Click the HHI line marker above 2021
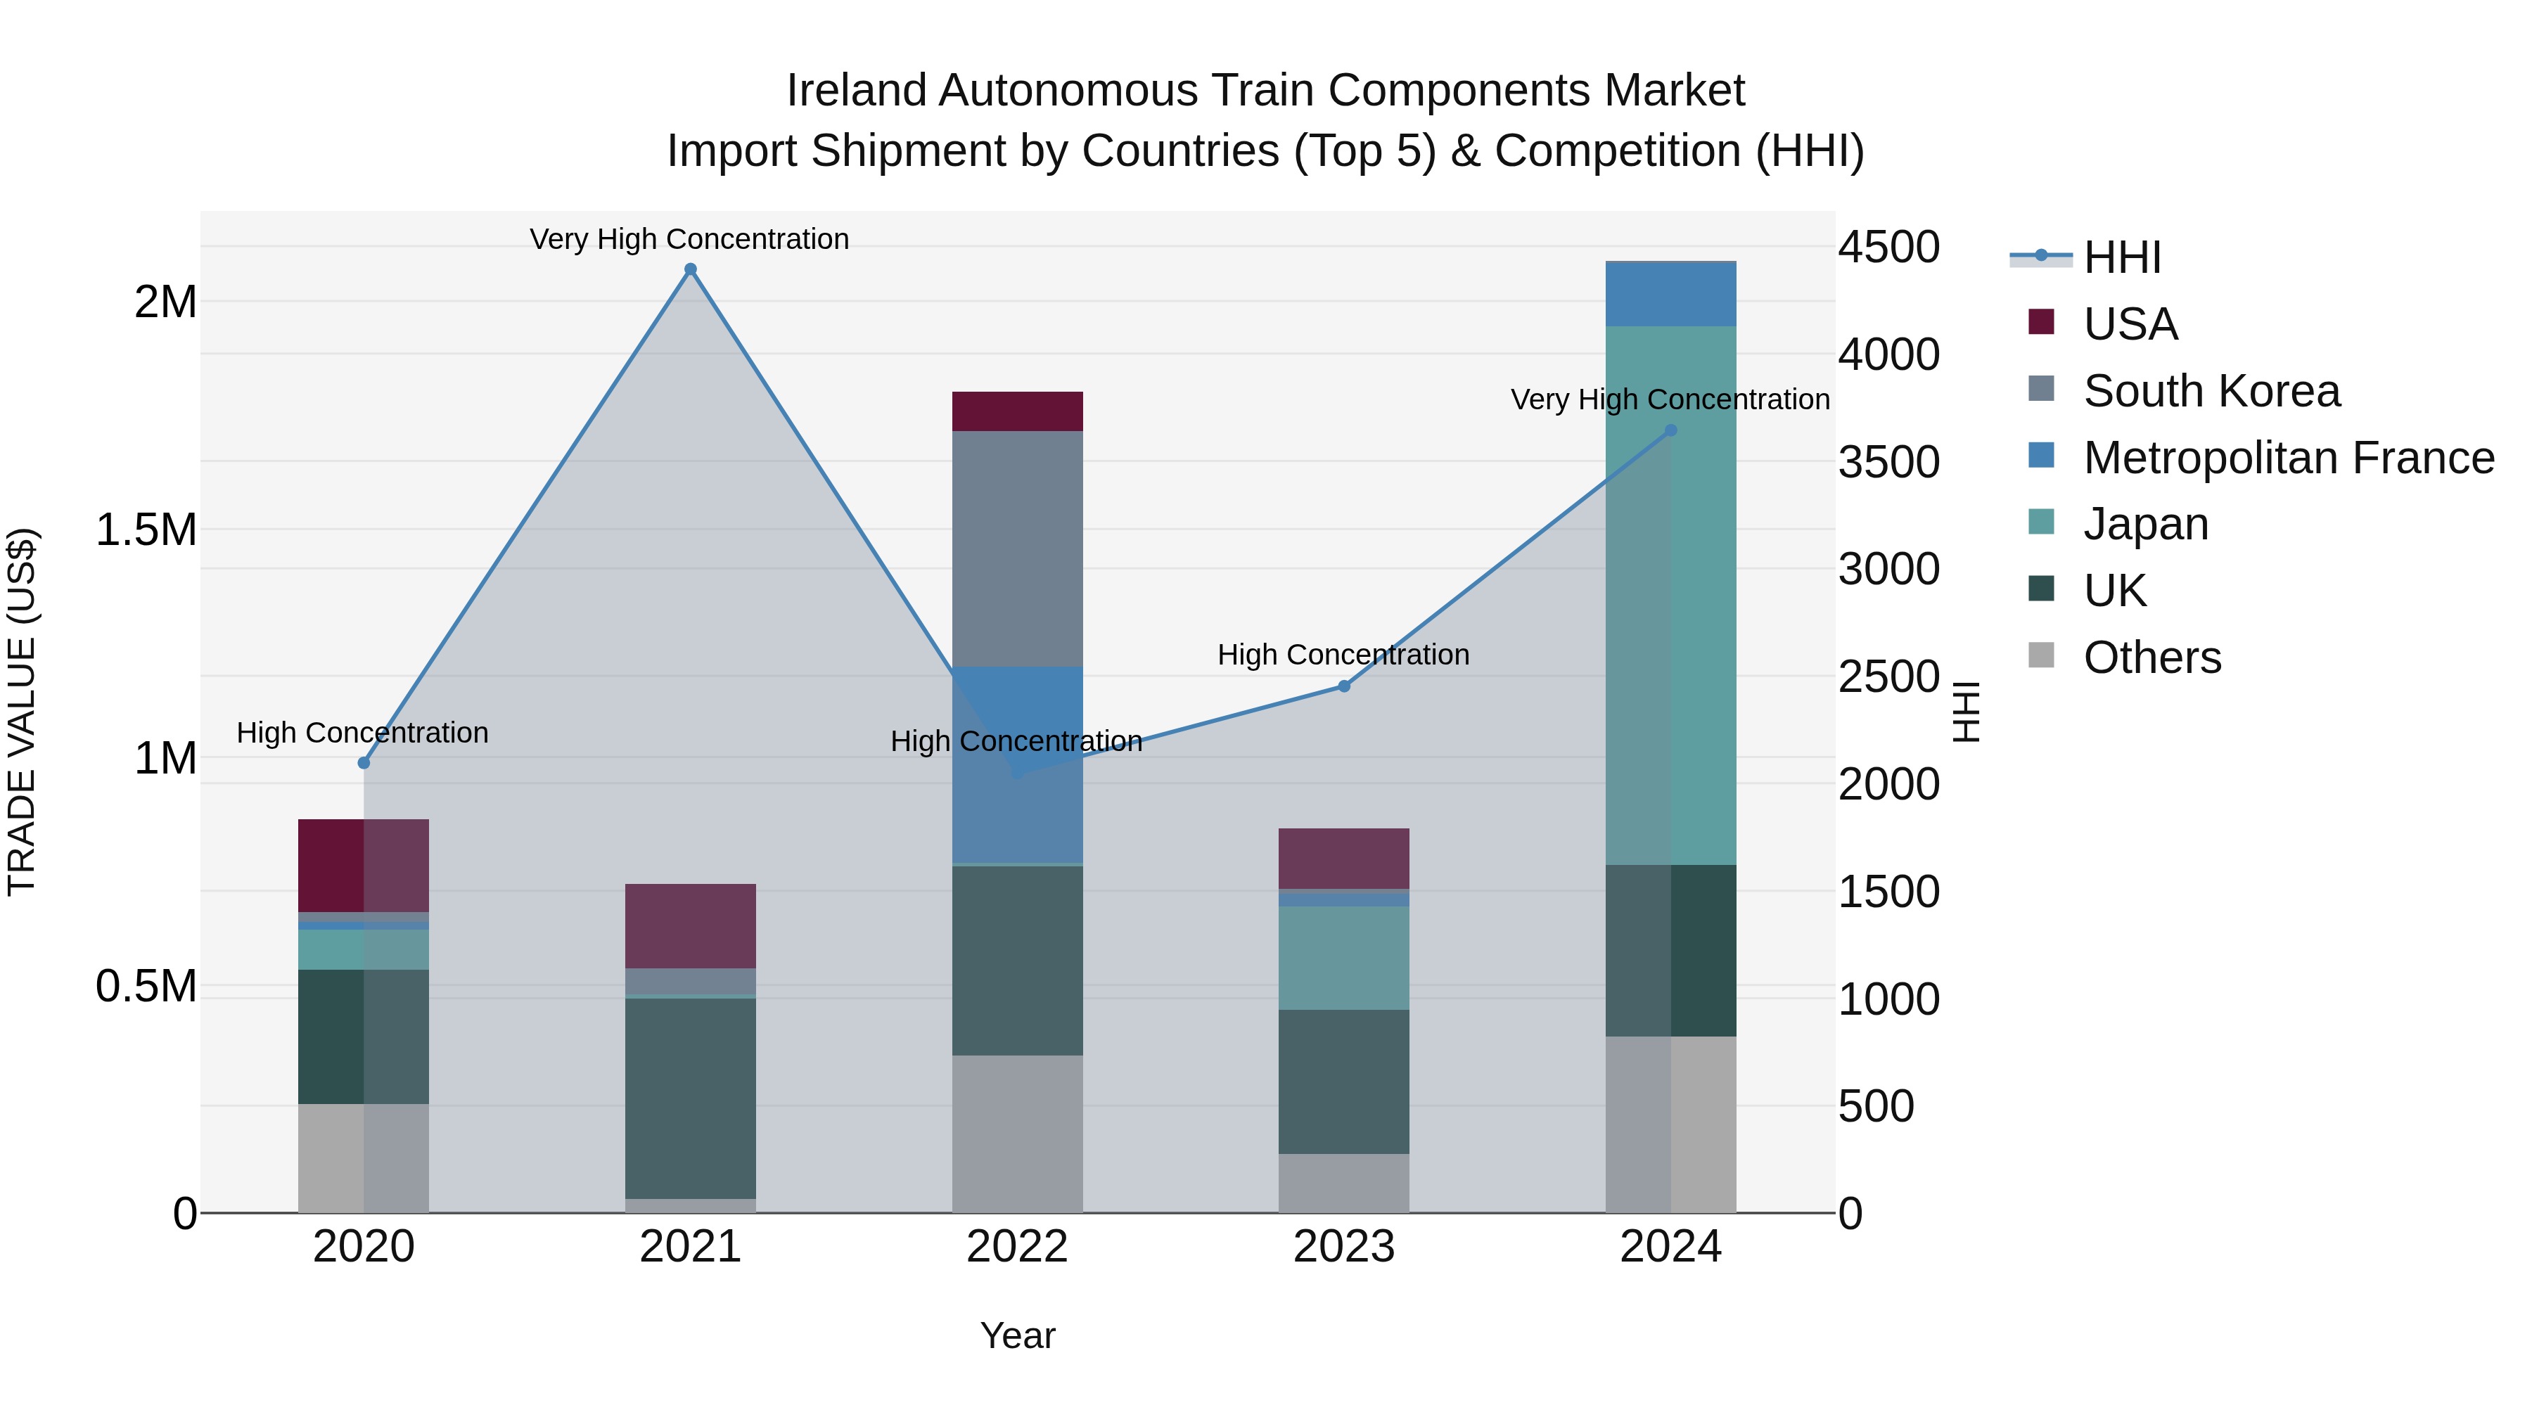point(690,269)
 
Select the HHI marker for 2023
point(1343,686)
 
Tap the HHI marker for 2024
point(1670,430)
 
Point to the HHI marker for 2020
point(364,762)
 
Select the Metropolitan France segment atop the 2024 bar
point(1670,294)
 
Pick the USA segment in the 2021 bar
point(690,925)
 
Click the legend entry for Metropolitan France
point(2287,458)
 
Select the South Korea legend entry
point(2211,391)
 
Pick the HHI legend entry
point(2121,257)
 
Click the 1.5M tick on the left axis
point(146,530)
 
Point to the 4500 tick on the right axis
point(1888,247)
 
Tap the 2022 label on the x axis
point(1017,1247)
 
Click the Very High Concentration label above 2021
point(689,239)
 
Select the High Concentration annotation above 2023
point(1343,655)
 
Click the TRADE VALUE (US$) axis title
point(22,712)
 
